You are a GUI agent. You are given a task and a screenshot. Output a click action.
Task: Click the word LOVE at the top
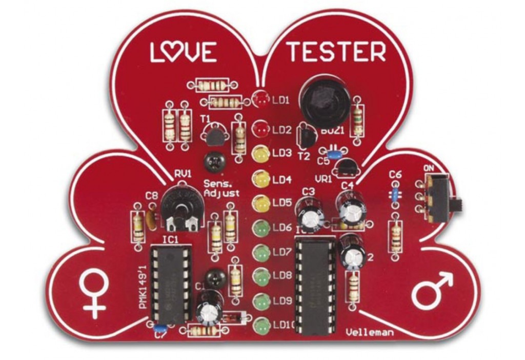coord(183,52)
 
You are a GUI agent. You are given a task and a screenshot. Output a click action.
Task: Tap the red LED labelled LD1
coord(261,99)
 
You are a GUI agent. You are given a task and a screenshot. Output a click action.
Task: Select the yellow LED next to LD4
coord(260,179)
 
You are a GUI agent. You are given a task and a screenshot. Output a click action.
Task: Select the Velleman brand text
coord(370,333)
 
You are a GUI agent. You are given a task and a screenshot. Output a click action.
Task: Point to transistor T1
coord(212,136)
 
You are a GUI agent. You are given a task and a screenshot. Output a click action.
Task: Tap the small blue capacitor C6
coord(395,194)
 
